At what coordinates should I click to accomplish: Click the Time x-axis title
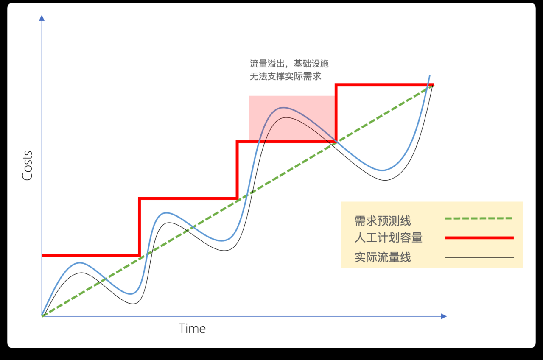tap(192, 329)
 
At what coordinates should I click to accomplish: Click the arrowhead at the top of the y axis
tap(42, 18)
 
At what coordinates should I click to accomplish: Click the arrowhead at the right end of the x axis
tap(444, 316)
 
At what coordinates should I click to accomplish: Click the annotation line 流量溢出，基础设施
tap(289, 64)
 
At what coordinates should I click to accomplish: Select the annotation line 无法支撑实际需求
tap(285, 76)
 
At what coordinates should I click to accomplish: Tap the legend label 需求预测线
tap(383, 220)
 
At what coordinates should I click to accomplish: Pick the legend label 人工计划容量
tap(388, 237)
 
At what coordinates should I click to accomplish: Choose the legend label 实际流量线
tap(383, 257)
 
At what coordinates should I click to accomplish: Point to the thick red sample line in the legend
tap(479, 238)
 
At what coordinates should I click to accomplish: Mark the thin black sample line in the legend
tap(479, 257)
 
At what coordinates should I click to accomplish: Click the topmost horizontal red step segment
tap(384, 85)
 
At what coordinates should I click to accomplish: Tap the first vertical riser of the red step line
tap(139, 227)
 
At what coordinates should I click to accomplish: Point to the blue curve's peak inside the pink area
tap(283, 107)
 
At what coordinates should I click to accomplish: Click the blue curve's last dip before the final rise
tap(382, 170)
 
